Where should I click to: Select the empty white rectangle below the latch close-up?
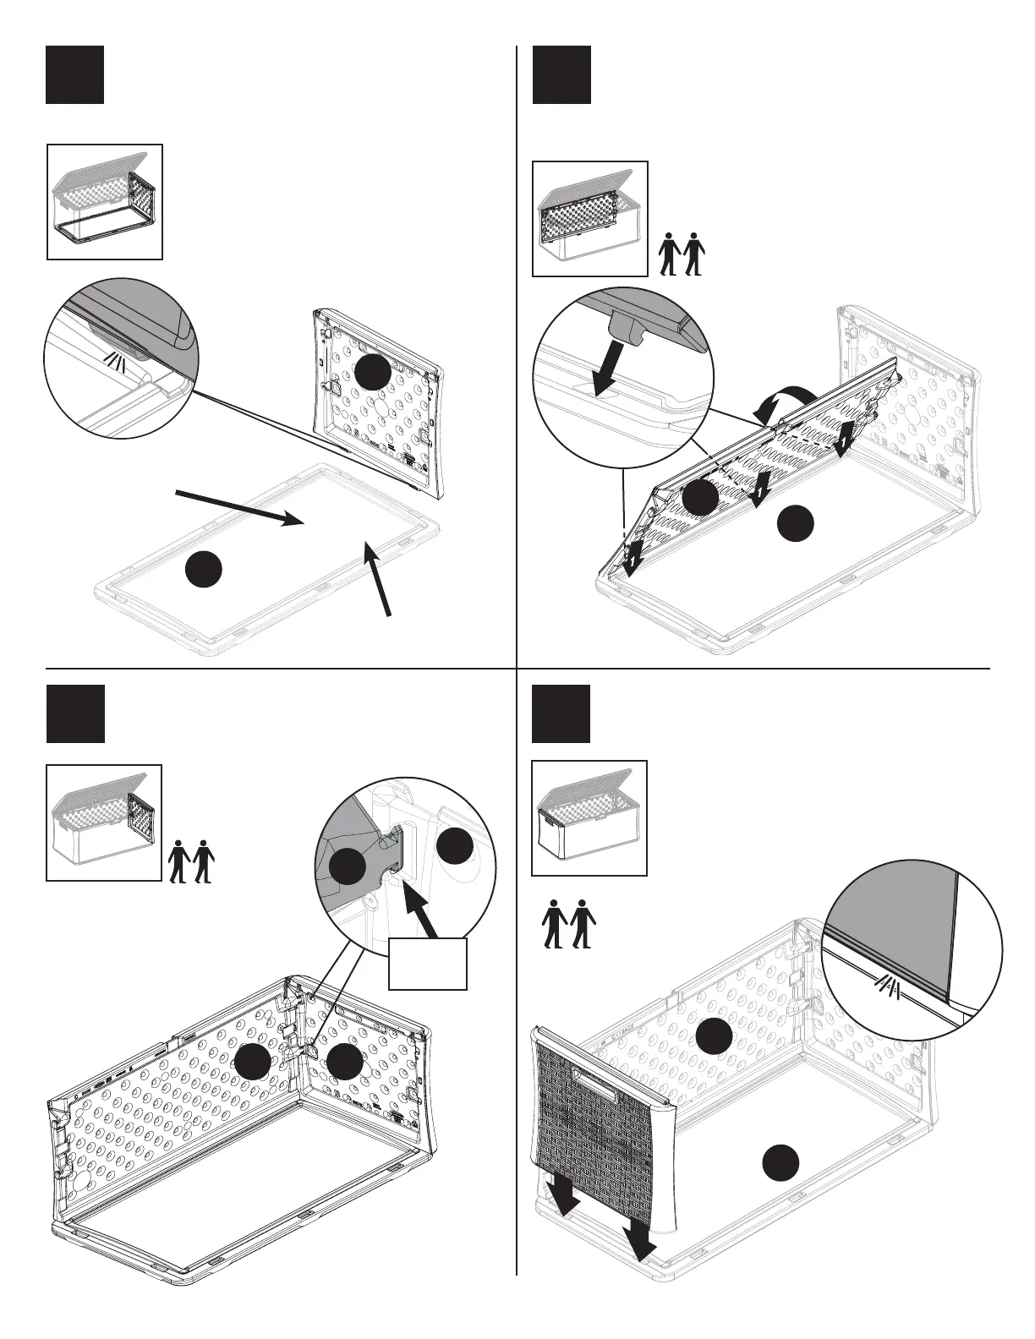pos(427,963)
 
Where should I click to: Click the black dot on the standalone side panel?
pos(373,372)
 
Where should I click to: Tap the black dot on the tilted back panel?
pos(700,498)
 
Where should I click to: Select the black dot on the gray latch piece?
pos(347,866)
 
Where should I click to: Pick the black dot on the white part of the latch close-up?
pos(455,847)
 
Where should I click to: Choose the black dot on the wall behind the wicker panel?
pos(714,1036)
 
